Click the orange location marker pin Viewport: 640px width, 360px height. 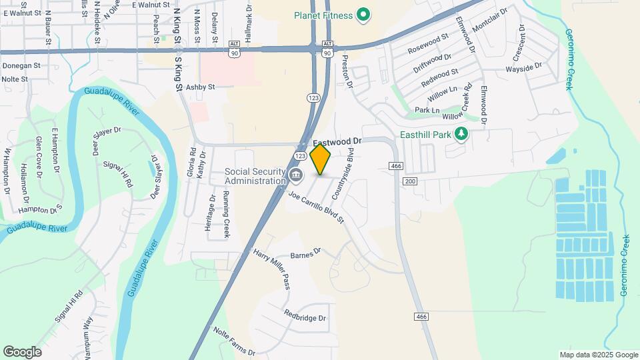point(321,159)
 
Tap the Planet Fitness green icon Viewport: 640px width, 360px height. point(363,14)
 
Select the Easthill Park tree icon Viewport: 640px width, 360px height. point(461,134)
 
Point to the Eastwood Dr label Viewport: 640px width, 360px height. point(337,142)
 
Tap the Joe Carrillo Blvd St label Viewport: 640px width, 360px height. point(316,207)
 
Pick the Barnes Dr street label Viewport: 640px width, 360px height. point(306,253)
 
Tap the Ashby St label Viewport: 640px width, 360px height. point(200,87)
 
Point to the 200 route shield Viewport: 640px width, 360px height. point(410,181)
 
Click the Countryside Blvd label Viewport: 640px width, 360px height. point(341,175)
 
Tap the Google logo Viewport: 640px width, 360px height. point(22,351)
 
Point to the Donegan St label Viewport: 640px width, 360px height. point(21,66)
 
